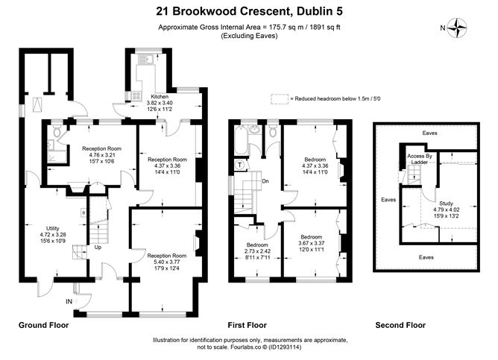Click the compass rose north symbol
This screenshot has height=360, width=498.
point(457,28)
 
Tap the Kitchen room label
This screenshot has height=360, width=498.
point(160,96)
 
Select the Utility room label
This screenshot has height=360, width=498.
point(53,228)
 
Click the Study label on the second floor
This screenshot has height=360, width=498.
point(447,203)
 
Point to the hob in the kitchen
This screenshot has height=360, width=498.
point(136,95)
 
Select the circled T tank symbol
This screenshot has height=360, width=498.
point(239,165)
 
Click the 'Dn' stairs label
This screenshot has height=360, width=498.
point(265,181)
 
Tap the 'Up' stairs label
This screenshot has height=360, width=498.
point(98,247)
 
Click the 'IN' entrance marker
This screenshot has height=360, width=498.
point(69,302)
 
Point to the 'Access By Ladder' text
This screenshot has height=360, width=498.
point(420,159)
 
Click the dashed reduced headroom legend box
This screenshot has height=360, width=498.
point(280,99)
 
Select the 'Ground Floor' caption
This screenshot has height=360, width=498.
point(43,325)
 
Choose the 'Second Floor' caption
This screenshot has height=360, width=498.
point(400,325)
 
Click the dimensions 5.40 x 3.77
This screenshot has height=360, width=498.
point(167,262)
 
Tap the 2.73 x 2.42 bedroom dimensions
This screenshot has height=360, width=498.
point(257,251)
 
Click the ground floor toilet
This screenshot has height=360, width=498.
point(57,131)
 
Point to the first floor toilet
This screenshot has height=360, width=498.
point(273,131)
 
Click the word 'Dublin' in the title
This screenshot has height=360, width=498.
point(314,11)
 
